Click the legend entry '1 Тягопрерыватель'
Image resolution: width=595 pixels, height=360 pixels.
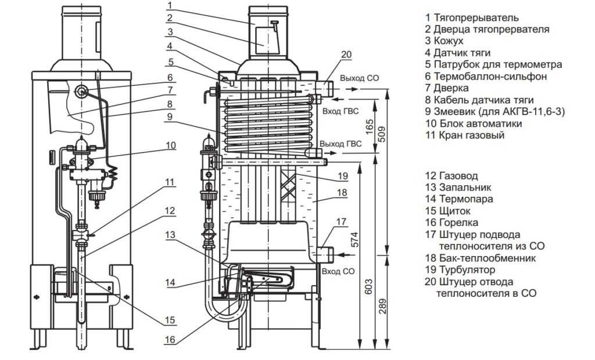coord(472,18)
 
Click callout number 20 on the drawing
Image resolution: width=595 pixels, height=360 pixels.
coord(346,55)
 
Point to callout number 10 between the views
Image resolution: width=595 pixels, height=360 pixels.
coord(170,146)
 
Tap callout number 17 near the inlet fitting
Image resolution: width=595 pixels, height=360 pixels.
coord(340,221)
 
